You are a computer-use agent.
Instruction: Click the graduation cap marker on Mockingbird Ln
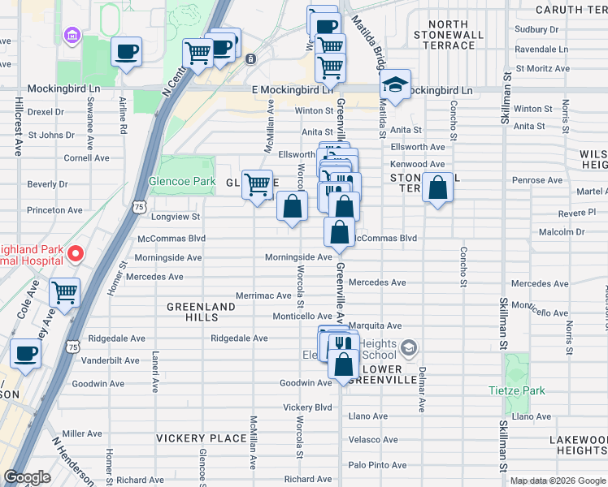(x=395, y=86)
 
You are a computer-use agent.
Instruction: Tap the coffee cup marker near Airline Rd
(x=126, y=53)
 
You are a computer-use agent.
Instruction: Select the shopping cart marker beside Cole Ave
(x=64, y=293)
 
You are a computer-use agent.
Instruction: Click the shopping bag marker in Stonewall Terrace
(x=437, y=188)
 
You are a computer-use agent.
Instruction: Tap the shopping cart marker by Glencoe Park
(x=258, y=185)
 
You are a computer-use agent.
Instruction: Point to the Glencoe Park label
(x=180, y=181)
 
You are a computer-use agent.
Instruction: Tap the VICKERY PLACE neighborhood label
(x=201, y=438)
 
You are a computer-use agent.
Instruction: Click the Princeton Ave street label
(x=54, y=210)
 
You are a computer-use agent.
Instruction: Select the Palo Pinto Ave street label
(x=375, y=464)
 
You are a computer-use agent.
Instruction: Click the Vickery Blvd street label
(x=307, y=407)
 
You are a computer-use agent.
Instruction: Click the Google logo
(x=27, y=477)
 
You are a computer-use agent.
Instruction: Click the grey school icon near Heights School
(x=409, y=348)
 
